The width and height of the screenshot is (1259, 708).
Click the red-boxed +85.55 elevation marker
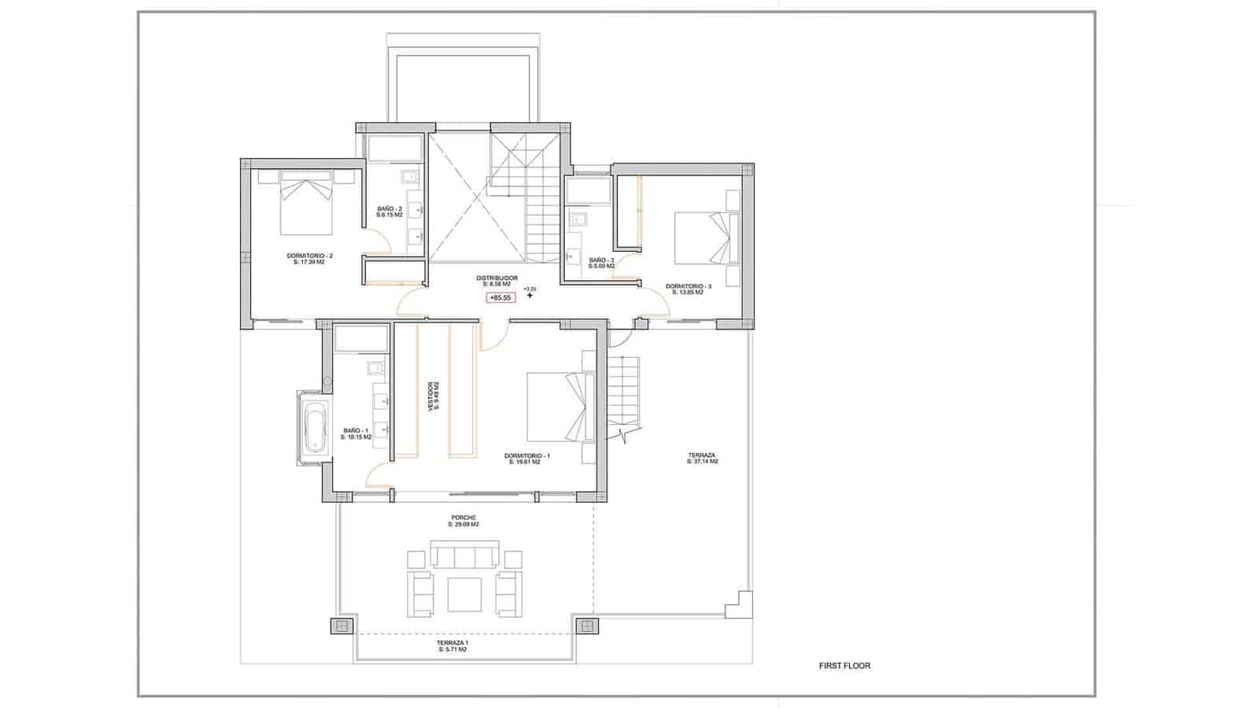[500, 297]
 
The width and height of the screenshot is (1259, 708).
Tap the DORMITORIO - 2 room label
[309, 258]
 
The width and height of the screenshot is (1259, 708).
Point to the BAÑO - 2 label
[389, 211]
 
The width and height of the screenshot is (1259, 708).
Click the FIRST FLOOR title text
[844, 666]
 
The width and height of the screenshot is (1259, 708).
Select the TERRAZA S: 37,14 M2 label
[702, 458]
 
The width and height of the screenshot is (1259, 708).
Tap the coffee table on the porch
[464, 595]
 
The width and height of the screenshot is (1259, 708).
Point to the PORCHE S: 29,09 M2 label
[463, 521]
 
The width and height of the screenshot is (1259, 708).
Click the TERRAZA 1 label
[452, 645]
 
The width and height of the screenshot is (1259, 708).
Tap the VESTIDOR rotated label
[432, 396]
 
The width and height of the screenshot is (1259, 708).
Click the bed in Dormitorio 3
[703, 239]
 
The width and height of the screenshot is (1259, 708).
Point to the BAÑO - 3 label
[601, 262]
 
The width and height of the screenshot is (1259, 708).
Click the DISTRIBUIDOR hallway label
[497, 281]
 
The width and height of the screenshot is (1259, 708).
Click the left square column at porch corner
[340, 626]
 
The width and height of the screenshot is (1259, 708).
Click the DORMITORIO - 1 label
[526, 459]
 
